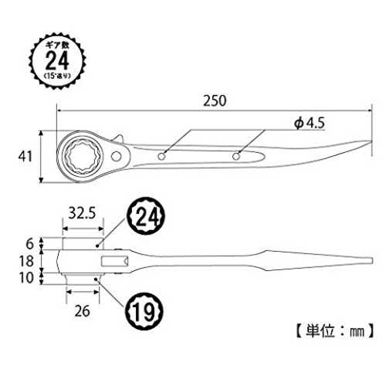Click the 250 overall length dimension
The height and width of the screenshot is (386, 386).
pos(215,100)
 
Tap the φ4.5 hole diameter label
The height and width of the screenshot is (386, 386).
pos(310,124)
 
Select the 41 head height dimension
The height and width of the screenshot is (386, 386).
pos(25,157)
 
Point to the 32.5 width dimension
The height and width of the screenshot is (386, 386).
pos(82,213)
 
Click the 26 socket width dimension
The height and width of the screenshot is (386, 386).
pos(83,311)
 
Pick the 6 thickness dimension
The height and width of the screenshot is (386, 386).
pos(30,243)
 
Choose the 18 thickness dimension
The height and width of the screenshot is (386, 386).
pos(27,261)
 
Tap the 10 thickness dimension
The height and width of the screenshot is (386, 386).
pos(27,278)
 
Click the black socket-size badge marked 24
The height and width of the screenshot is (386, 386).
pos(146,216)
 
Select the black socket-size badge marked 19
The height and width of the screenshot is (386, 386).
pos(144,311)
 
